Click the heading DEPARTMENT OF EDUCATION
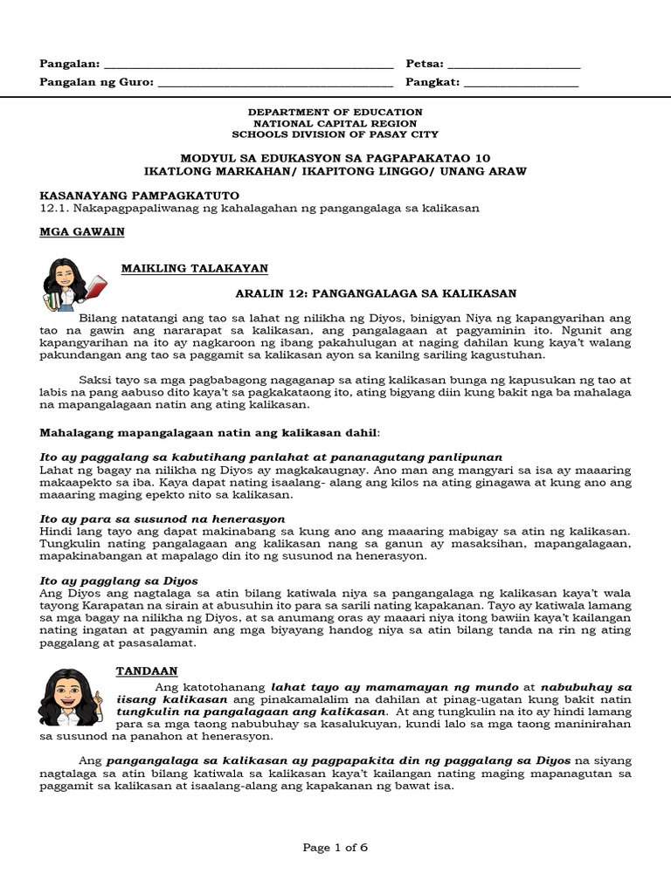click(335, 113)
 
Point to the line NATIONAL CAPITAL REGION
click(335, 124)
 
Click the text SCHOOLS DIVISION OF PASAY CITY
click(335, 135)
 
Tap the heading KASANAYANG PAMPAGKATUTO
click(140, 195)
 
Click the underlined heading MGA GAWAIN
click(82, 232)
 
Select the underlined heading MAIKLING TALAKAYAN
click(194, 268)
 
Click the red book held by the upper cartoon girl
click(95, 285)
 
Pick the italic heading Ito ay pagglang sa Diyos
click(120, 581)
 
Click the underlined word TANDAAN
click(147, 670)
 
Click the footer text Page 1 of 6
click(335, 847)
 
